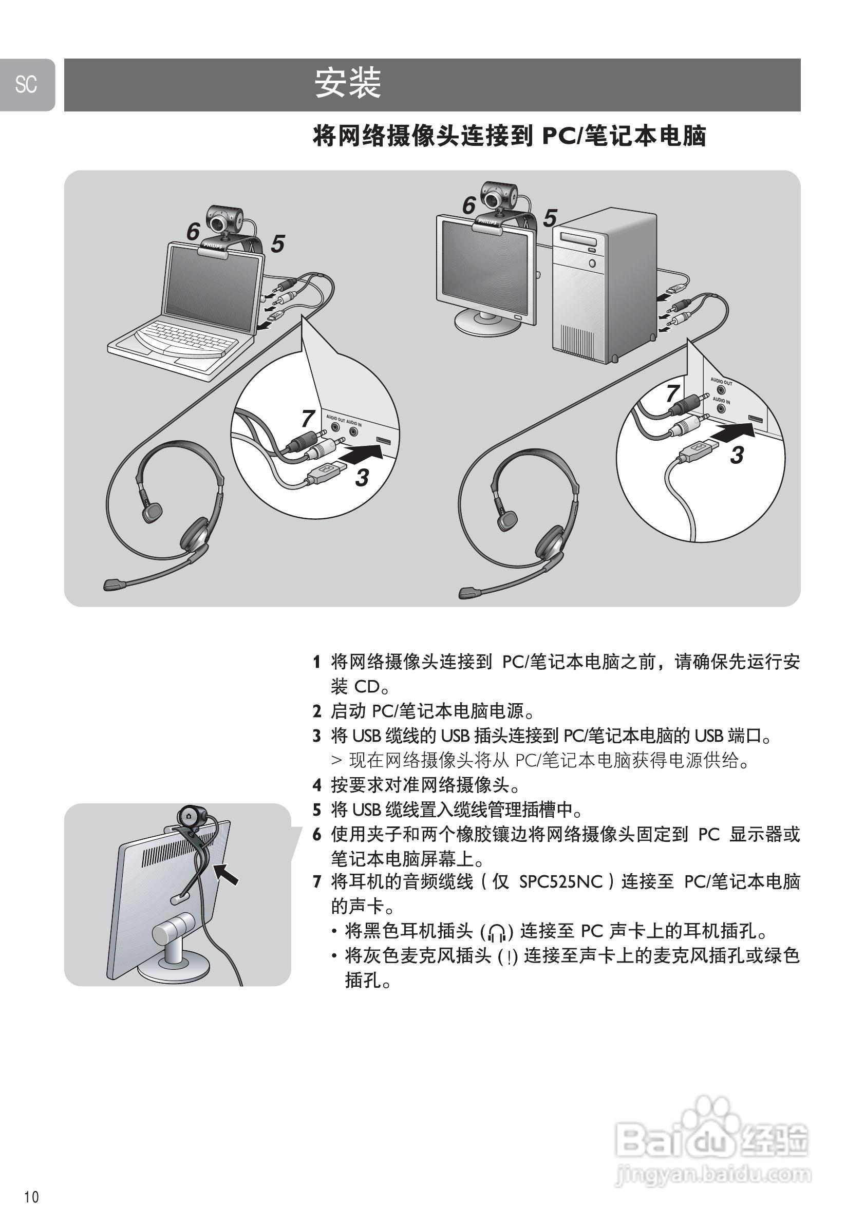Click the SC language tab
[x=26, y=85]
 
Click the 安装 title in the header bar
[x=347, y=84]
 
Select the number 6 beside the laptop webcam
[x=193, y=232]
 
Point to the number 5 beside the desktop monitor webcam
[x=550, y=218]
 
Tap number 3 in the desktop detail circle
[x=737, y=455]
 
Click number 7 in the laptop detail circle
[x=308, y=418]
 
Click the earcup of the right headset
[x=549, y=542]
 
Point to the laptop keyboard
[x=181, y=339]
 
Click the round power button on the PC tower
[x=592, y=263]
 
